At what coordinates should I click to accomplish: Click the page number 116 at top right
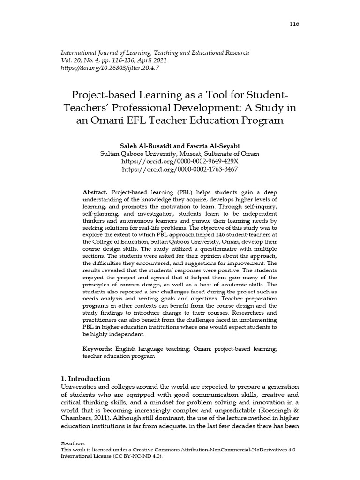click(294, 24)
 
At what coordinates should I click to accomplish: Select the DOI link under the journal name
click(110, 68)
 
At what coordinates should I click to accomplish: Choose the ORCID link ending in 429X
click(180, 161)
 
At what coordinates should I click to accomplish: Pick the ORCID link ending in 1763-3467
click(180, 169)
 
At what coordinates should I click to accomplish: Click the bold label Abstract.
click(95, 193)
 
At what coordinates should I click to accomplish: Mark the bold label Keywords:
click(98, 349)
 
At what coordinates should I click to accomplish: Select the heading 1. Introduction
click(86, 379)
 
